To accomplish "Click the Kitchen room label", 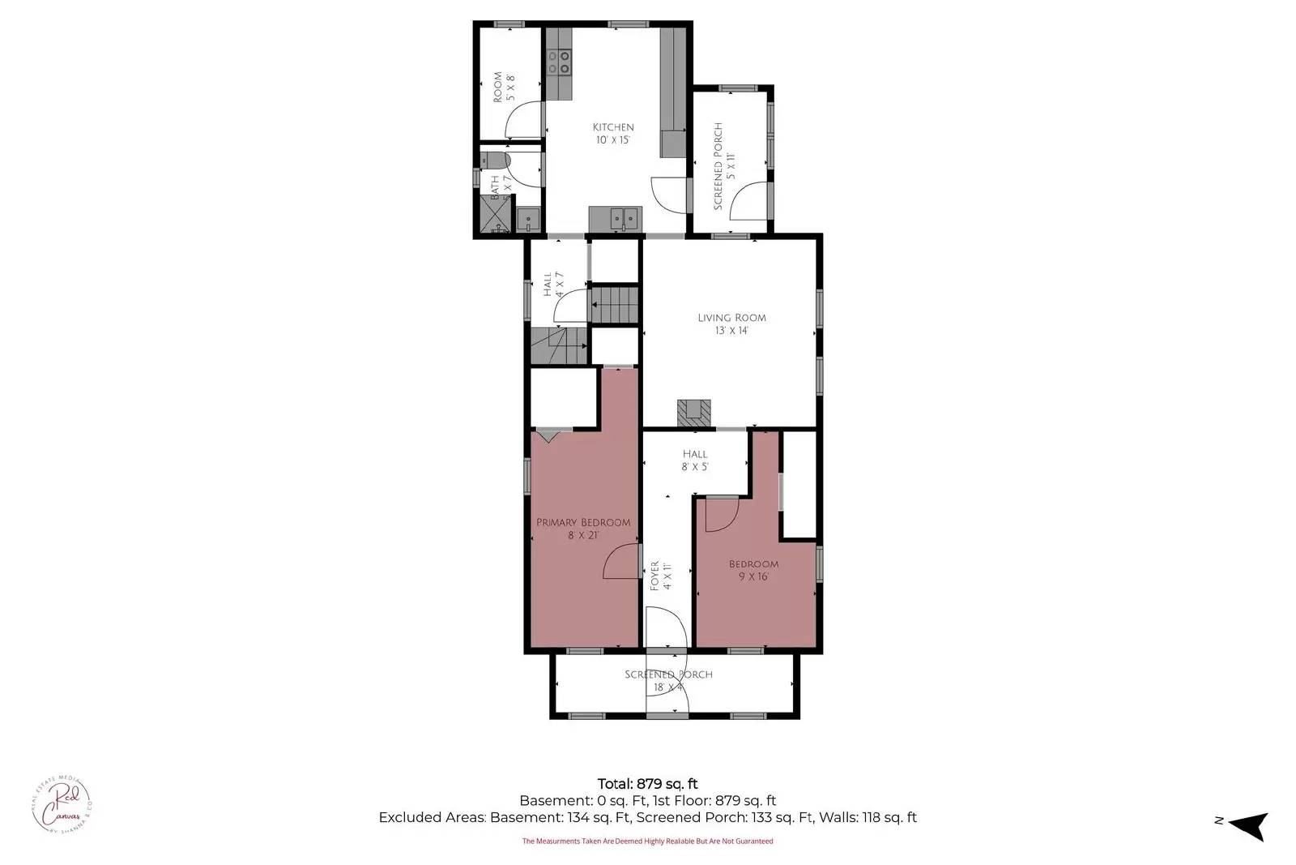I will click(x=613, y=133).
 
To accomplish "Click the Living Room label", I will click(x=731, y=323).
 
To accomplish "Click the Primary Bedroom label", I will click(x=583, y=529).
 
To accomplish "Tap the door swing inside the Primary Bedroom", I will click(x=621, y=562).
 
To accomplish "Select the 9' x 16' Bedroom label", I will click(x=753, y=570).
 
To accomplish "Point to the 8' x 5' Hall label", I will click(x=695, y=460).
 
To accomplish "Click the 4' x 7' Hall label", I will click(x=553, y=285).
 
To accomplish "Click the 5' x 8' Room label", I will click(x=504, y=87).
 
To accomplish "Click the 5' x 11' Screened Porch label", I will click(x=723, y=167).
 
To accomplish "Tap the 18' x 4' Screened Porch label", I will click(x=668, y=681).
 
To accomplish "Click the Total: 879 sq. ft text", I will click(x=647, y=784).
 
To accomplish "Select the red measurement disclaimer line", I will click(x=647, y=841).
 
